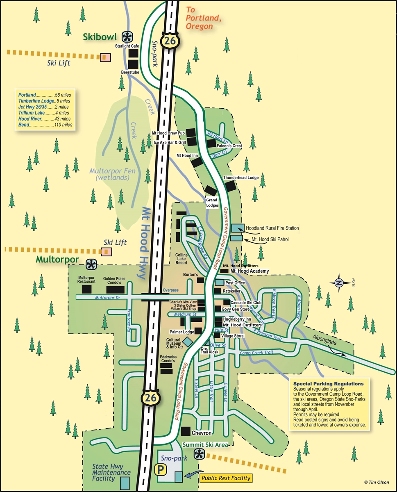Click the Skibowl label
(100, 37)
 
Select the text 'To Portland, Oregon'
(200, 18)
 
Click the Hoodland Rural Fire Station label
(272, 228)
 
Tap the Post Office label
(235, 283)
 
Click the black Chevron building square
(186, 432)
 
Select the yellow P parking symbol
(158, 468)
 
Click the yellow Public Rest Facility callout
(225, 478)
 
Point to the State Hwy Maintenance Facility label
(111, 473)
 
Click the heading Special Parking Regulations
(328, 384)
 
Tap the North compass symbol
(339, 282)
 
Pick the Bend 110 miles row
(45, 125)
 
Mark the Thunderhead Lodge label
(240, 178)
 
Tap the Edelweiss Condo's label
(168, 359)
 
